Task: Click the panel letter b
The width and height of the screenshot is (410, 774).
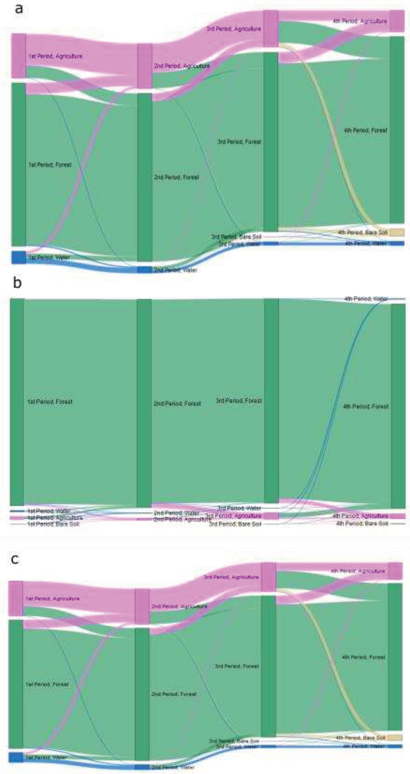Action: (x=17, y=283)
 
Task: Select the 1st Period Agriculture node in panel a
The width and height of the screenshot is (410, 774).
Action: (x=19, y=56)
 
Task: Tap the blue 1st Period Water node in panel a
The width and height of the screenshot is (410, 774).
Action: (x=19, y=257)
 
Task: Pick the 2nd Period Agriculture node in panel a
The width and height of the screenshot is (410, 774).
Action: (x=145, y=66)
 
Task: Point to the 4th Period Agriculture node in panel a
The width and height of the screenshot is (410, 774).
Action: (x=397, y=21)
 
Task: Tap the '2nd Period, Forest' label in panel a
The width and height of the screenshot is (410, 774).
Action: (x=177, y=177)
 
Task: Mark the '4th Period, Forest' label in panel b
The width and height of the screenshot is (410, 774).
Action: (x=366, y=406)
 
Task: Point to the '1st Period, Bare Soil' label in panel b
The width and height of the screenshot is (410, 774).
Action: (x=54, y=524)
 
